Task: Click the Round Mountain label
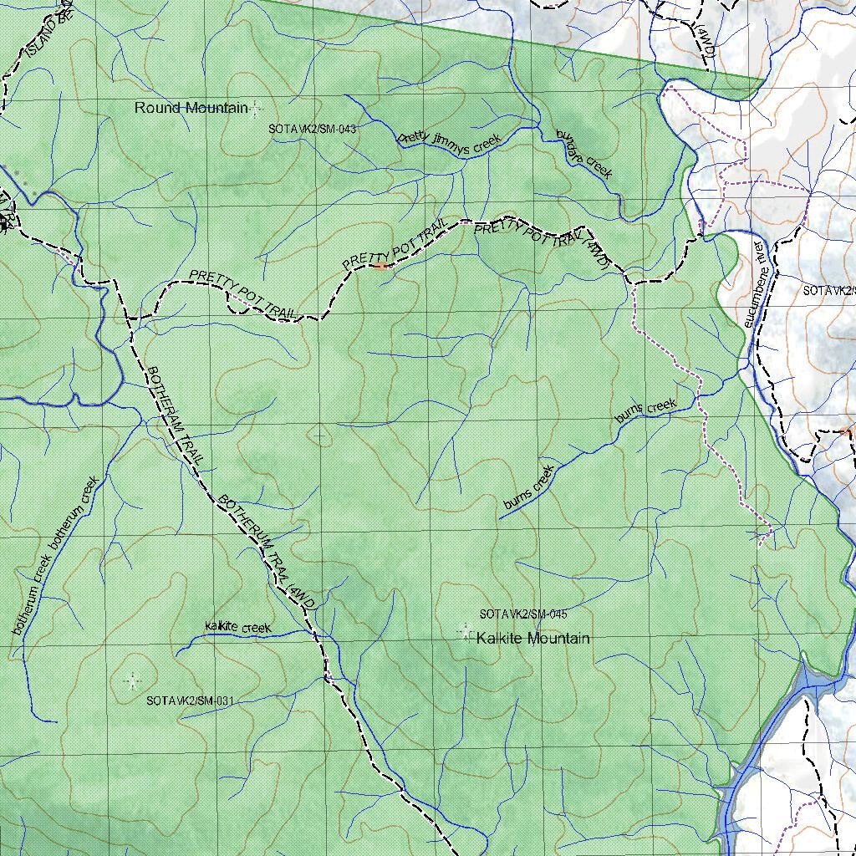191,108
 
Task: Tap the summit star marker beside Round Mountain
254,107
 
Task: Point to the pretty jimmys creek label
449,140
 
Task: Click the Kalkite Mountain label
532,639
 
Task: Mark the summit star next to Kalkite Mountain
466,632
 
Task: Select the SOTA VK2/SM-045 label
523,614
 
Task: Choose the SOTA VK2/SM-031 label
189,701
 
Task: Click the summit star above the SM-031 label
131,681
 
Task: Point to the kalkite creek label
238,627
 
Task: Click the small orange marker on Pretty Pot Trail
381,266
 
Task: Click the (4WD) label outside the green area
706,37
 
